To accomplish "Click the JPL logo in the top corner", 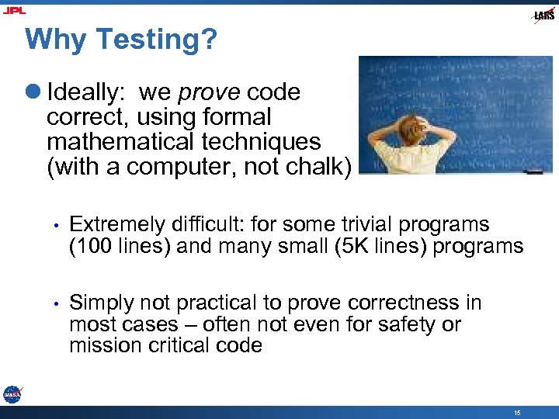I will coord(14,10).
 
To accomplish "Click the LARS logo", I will coord(543,16).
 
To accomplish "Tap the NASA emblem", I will coord(12,394).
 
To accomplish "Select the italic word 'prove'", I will coord(210,92).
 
